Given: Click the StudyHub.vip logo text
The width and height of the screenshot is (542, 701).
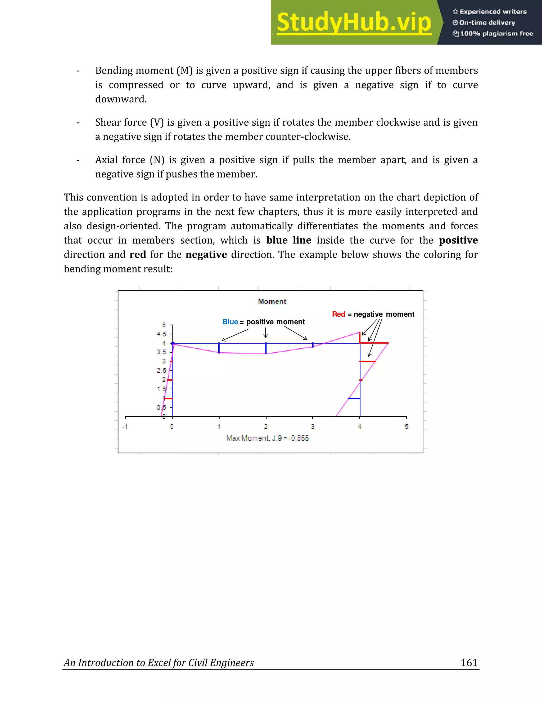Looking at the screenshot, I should click(x=354, y=22).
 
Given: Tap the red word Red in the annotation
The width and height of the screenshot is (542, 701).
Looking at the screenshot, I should click(x=338, y=314).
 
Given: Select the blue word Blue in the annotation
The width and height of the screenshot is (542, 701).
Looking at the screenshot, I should click(x=230, y=322).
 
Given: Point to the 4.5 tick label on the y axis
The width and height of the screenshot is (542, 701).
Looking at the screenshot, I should click(x=161, y=334).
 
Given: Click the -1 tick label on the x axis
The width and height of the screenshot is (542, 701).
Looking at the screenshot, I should click(x=125, y=427).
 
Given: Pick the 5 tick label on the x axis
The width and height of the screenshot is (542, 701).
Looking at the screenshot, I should click(x=406, y=427).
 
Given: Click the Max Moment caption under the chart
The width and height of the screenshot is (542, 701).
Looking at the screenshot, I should click(x=268, y=438).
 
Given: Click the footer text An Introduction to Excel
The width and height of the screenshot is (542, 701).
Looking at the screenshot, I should click(x=159, y=663).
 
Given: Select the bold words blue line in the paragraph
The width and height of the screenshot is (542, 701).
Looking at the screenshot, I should click(x=289, y=240).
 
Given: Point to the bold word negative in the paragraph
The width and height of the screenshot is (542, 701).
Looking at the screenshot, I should click(x=206, y=255).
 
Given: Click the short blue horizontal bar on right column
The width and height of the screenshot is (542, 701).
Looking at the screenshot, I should click(x=354, y=399).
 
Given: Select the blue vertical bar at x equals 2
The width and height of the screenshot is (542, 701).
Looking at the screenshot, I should click(x=266, y=349).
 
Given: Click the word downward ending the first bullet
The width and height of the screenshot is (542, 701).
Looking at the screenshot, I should click(x=121, y=99).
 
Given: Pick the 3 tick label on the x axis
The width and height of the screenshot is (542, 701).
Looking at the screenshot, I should click(x=313, y=427).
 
